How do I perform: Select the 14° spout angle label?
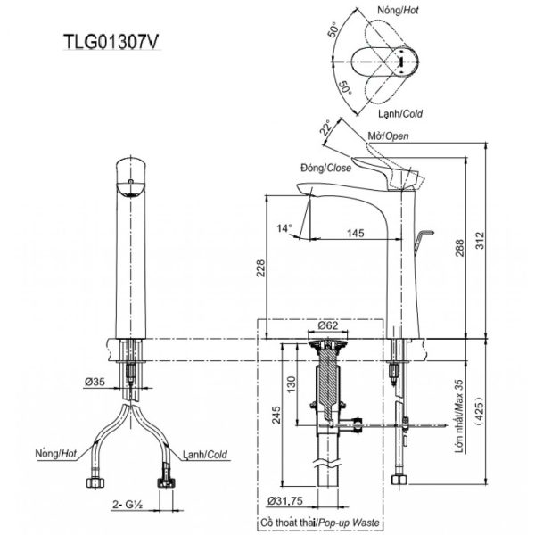pyautogui.click(x=284, y=229)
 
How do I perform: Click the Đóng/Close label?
pyautogui.click(x=326, y=167)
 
